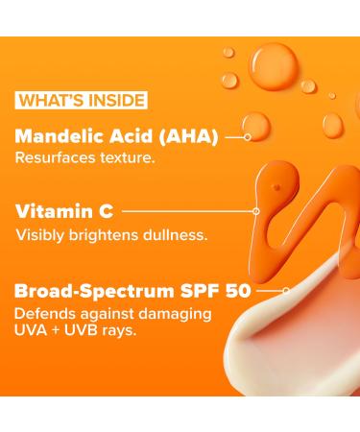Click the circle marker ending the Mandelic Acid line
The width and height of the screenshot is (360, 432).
tap(248, 136)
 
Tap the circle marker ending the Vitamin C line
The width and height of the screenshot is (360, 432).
tap(255, 210)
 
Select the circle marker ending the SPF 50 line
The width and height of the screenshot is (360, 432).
tap(286, 290)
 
